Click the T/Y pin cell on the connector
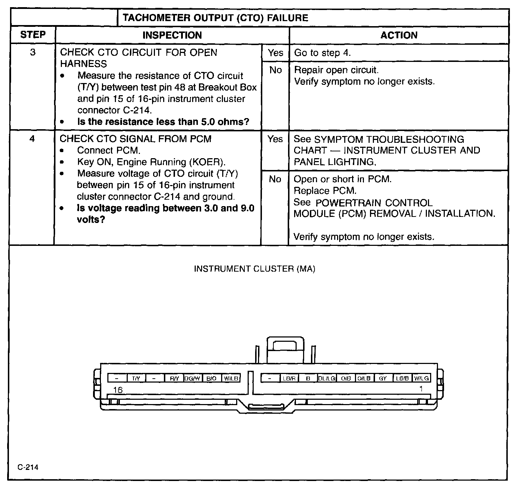click(136, 378)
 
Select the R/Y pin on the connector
click(174, 378)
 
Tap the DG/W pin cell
click(193, 378)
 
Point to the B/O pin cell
click(212, 378)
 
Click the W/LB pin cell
click(231, 378)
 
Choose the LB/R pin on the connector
click(289, 378)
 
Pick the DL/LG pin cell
click(327, 378)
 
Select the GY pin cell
click(383, 378)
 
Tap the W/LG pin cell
click(422, 378)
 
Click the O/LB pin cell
click(364, 378)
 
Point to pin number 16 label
click(118, 390)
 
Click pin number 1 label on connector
click(421, 389)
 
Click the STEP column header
click(33, 35)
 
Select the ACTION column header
click(399, 35)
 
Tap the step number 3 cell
click(33, 53)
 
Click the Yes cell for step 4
click(275, 139)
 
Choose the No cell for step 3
click(275, 70)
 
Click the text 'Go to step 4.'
click(322, 53)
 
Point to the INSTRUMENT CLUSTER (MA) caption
click(254, 269)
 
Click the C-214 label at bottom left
click(28, 467)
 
